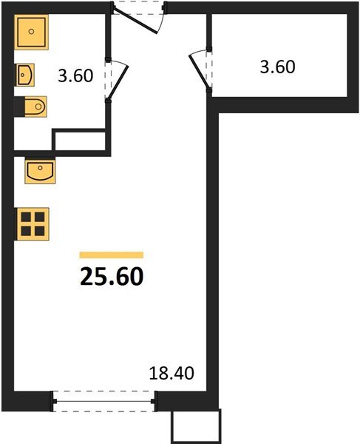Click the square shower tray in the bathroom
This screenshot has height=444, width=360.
click(33, 34)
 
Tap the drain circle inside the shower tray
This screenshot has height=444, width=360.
click(33, 33)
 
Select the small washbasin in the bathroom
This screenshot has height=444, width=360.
click(26, 75)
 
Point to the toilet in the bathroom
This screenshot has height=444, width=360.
click(33, 107)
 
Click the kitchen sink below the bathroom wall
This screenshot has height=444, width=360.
click(38, 171)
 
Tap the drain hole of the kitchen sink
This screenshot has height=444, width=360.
click(38, 167)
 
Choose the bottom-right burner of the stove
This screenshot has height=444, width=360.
click(40, 230)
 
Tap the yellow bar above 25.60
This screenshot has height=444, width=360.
click(111, 255)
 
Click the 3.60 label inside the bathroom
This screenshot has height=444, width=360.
click(75, 75)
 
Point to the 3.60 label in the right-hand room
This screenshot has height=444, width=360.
click(277, 67)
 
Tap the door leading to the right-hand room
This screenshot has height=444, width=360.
click(199, 70)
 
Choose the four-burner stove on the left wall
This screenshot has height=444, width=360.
click(33, 223)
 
